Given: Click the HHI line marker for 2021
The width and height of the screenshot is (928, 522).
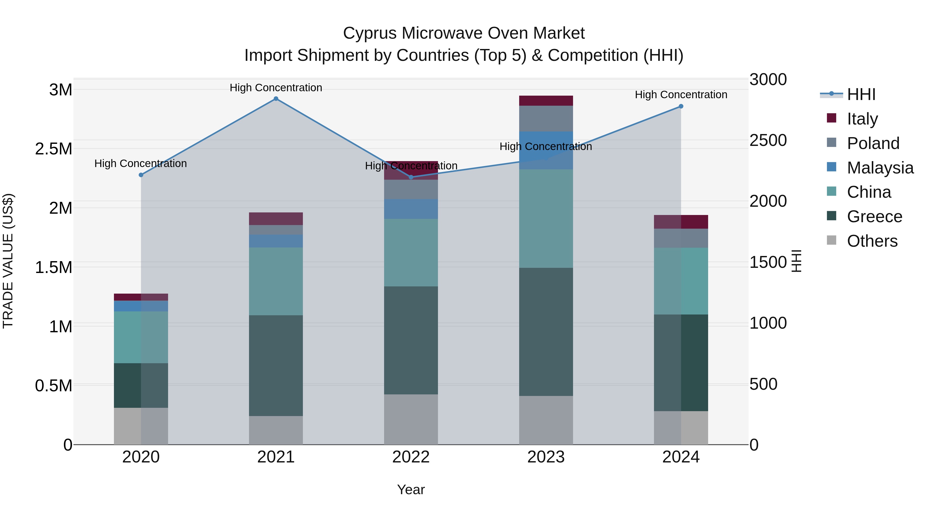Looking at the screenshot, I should click(x=276, y=99).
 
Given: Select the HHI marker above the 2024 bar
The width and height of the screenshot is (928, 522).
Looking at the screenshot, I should click(x=681, y=106).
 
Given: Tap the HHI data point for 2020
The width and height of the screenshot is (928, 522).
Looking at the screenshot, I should click(x=141, y=175).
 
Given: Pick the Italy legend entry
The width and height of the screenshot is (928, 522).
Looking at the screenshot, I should click(x=862, y=119).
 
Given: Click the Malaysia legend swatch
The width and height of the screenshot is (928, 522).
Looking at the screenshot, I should click(x=831, y=167).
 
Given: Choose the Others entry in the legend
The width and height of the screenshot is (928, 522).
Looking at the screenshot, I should click(x=872, y=241).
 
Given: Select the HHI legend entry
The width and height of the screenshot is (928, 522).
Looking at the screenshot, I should click(x=861, y=94).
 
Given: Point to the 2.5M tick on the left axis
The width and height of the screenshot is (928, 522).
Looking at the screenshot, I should click(x=54, y=149).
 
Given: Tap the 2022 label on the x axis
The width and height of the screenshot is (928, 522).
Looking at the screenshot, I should click(x=411, y=457).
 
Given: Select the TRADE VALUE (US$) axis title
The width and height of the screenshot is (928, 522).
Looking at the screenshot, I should click(x=8, y=261).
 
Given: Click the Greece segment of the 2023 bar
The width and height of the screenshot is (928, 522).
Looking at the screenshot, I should click(x=546, y=332).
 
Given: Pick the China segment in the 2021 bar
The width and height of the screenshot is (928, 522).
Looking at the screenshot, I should click(x=276, y=281).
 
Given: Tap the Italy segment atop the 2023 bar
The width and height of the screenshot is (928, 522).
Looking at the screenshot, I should click(x=546, y=101).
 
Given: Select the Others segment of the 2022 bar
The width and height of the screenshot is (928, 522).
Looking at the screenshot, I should click(x=411, y=419).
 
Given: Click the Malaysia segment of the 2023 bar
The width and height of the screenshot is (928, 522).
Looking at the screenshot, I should click(x=546, y=150).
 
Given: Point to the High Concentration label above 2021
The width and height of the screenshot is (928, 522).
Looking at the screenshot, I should click(x=276, y=88).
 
